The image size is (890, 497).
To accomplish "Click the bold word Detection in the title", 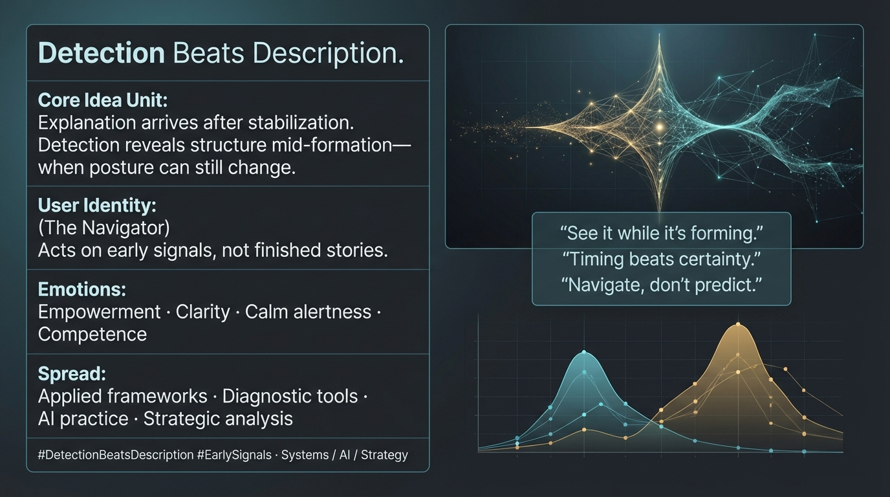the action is [102, 53].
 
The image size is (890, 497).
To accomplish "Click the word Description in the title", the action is [328, 53].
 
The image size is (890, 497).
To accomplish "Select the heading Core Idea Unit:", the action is [103, 100].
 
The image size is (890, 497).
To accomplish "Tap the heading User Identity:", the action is [97, 205].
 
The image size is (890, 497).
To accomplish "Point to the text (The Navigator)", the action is [104, 228].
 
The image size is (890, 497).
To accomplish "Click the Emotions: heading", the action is [82, 289].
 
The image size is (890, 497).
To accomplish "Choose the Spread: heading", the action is [72, 374].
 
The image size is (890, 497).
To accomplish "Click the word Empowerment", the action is [100, 312].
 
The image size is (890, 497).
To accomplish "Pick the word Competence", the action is [92, 335].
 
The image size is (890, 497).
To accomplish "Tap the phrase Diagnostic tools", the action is [290, 397].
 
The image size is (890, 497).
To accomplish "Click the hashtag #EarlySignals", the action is [234, 455].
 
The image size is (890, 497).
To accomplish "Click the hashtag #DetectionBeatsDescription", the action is [116, 455].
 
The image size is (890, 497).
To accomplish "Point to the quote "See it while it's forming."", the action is [662, 234].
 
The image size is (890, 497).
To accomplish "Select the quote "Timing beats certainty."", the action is [662, 260].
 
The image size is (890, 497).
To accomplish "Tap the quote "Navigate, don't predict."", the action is [662, 285].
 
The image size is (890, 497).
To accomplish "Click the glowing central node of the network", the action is [660, 127].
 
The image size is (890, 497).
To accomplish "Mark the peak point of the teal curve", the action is [584, 352].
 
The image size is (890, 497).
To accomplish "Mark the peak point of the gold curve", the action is [738, 324].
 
